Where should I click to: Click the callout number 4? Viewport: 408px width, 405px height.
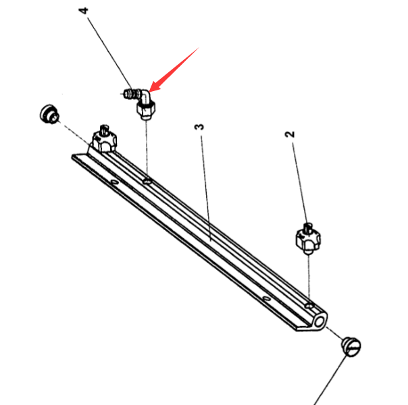point(84,11)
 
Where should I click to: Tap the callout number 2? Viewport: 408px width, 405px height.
point(290,134)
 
